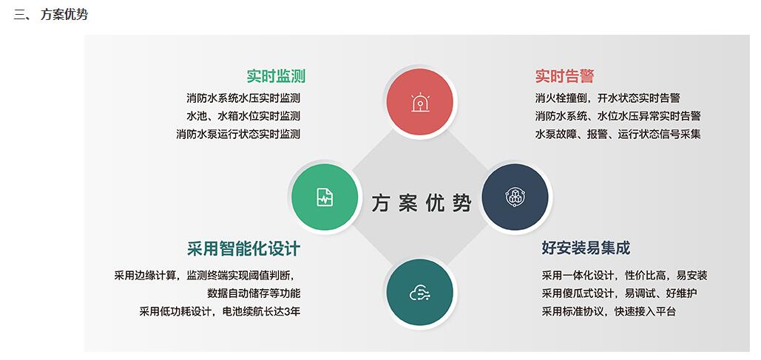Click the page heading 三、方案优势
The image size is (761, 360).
pos(50,14)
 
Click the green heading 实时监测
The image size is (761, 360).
pos(275,76)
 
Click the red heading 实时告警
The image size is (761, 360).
pos(564,76)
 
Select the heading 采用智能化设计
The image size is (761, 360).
pos(243,248)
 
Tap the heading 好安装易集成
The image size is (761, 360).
pos(586,248)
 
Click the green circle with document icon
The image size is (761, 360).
pos(325,197)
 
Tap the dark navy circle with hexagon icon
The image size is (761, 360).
pos(515,197)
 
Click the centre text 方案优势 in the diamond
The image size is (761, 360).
pos(421,203)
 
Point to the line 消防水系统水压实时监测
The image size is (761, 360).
pos(243,98)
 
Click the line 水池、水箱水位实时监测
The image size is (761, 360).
pos(243,116)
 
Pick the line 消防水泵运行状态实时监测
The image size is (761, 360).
pos(238,135)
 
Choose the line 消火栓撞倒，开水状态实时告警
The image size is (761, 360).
pos(607,98)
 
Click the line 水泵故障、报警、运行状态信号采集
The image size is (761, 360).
pos(618,135)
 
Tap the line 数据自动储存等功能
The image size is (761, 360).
pos(254,293)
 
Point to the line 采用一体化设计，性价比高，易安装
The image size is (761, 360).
pos(624,276)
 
